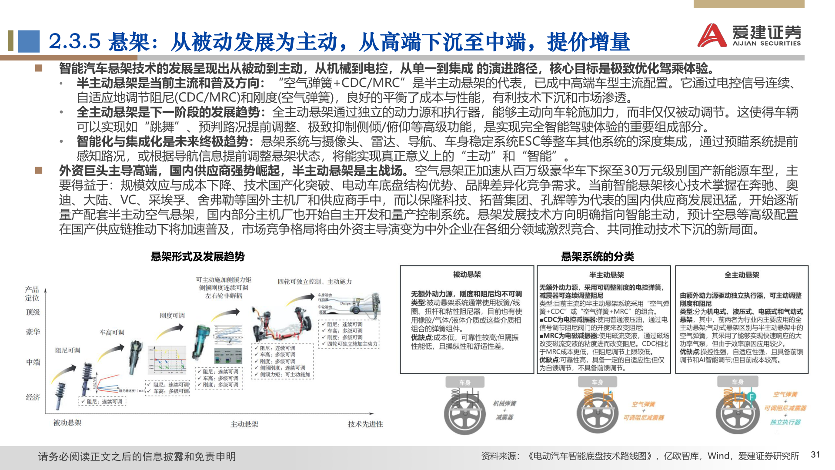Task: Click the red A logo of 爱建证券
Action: coord(712,36)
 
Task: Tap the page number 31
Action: coord(815,455)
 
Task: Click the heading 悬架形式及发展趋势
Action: coord(197,256)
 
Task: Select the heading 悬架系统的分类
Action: coord(598,256)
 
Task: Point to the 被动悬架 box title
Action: coord(467,274)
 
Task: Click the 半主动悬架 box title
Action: coord(606,275)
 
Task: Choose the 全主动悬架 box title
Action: coord(741,275)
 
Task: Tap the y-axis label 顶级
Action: coord(33,312)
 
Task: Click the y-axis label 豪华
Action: coord(33,332)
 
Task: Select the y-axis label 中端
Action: coord(33,362)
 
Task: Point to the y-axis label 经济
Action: coord(33,397)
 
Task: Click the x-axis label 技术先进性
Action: coord(365,424)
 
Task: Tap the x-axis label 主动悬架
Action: coord(244,424)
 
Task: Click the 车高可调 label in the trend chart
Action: coord(112,332)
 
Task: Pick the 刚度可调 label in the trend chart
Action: coord(172,316)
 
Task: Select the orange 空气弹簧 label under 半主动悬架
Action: coord(643,404)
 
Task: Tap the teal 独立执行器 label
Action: coord(785,422)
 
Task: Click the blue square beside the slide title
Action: coord(29,41)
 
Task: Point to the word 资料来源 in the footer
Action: coord(499,456)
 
